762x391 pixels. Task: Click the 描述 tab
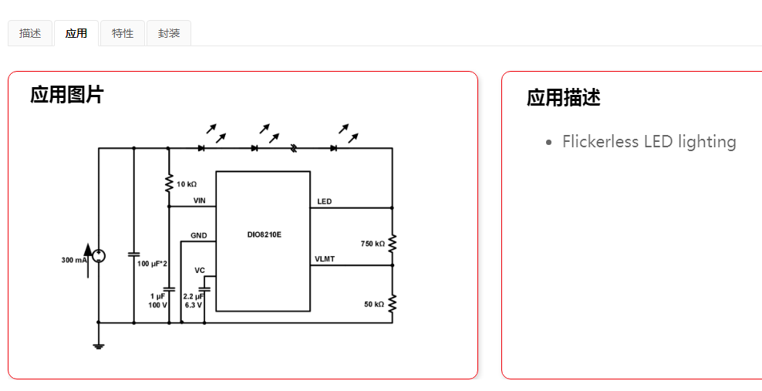30,33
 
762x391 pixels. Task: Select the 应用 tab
76,33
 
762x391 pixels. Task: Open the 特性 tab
123,33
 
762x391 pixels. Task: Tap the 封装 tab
169,33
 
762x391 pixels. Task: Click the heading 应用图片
67,95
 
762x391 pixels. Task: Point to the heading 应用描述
564,98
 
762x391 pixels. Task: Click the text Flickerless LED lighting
649,142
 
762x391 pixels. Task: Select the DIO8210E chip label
265,234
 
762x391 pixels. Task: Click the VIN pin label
200,201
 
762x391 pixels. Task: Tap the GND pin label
199,235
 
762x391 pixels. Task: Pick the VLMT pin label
325,259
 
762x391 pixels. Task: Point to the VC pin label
200,270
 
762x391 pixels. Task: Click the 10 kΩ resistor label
187,184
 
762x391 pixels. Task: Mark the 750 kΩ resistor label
373,244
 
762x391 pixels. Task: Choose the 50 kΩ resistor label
374,305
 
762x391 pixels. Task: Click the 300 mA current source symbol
98,256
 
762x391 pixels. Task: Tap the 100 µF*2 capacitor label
153,264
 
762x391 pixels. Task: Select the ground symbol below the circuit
98,345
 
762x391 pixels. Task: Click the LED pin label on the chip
325,202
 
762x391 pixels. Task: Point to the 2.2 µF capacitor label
194,296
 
